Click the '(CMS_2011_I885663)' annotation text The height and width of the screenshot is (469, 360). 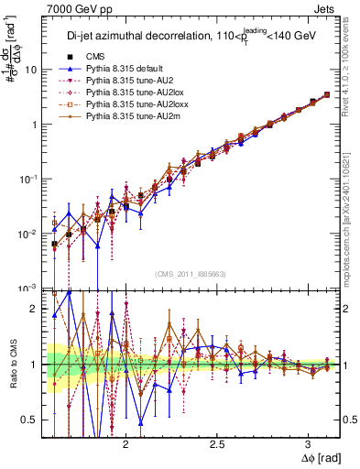pos(190,273)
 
